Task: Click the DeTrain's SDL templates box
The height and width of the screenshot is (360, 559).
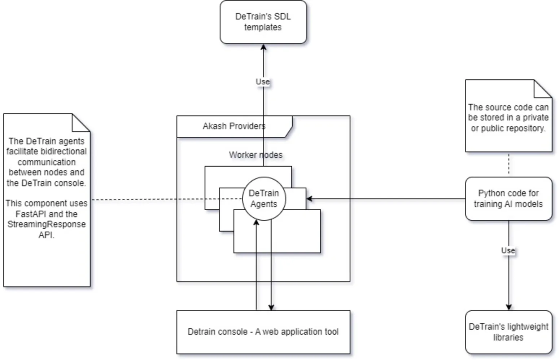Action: point(263,22)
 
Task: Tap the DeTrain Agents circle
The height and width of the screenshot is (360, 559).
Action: point(264,198)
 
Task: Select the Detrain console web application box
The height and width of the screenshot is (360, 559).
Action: point(263,332)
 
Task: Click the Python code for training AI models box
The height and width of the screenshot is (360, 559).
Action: point(508,199)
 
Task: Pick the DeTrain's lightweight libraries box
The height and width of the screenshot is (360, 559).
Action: point(508,332)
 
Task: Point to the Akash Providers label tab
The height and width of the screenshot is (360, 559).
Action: point(234,126)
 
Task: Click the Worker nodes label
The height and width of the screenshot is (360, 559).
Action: point(256,155)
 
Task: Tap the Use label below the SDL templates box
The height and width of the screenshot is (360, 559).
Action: point(263,82)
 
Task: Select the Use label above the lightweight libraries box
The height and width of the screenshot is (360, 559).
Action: point(508,250)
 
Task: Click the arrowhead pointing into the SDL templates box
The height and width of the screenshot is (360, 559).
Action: point(263,47)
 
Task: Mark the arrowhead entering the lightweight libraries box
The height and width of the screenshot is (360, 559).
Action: point(509,307)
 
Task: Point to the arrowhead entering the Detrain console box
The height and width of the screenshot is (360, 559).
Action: point(271,307)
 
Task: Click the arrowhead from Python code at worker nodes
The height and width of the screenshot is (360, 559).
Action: point(309,199)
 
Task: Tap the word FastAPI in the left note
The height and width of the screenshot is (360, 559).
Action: point(29,214)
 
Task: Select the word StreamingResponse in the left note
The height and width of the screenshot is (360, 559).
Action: point(47,224)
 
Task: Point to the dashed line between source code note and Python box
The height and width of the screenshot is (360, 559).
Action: point(509,164)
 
